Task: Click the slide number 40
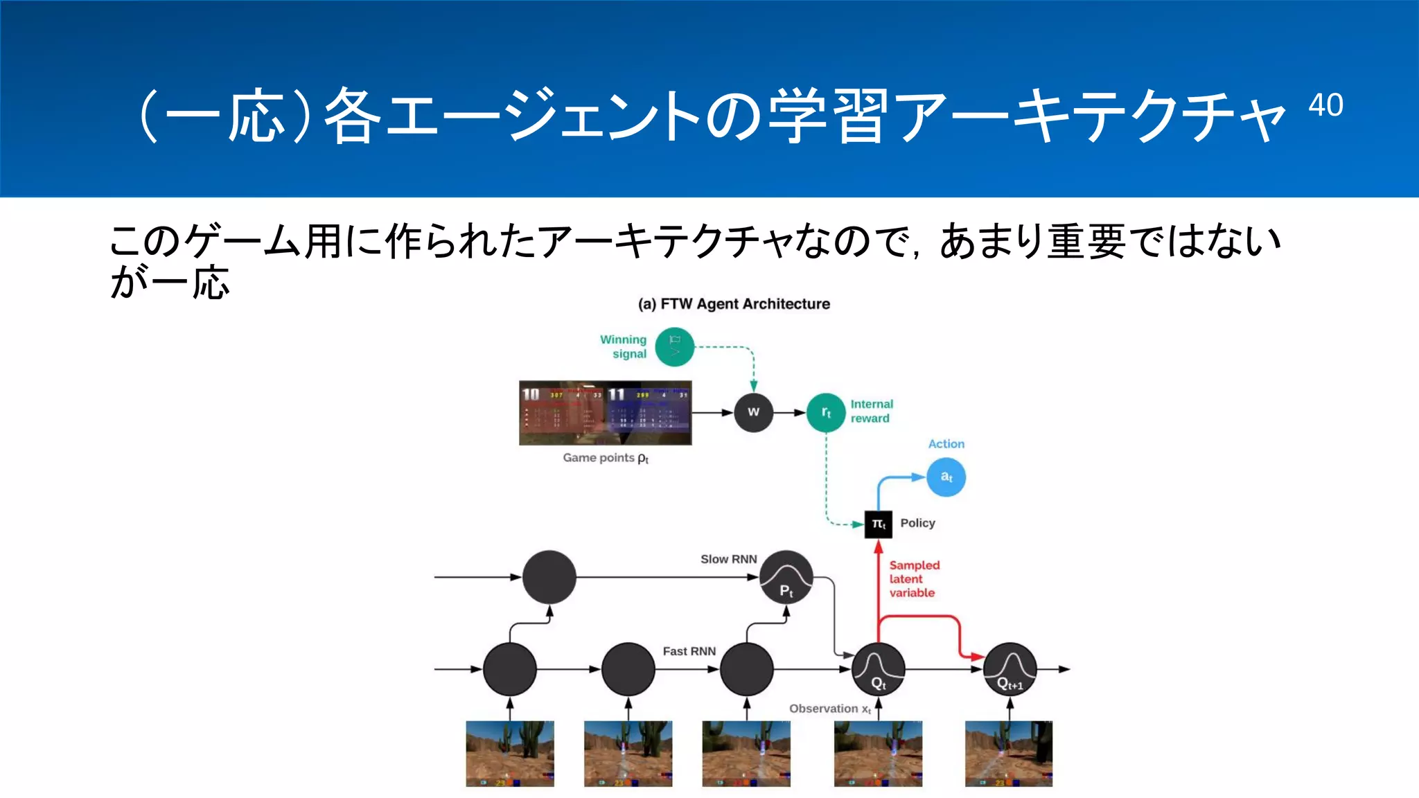pyautogui.click(x=1325, y=105)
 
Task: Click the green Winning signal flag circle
pyautogui.click(x=674, y=347)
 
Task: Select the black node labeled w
pyautogui.click(x=753, y=412)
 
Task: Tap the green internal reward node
pyautogui.click(x=826, y=412)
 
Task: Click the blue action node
pyautogui.click(x=946, y=477)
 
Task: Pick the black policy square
pyautogui.click(x=878, y=524)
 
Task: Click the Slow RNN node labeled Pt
pyautogui.click(x=786, y=577)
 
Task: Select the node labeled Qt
pyautogui.click(x=878, y=669)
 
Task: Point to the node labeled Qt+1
pyautogui.click(x=1010, y=669)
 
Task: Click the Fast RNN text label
pyautogui.click(x=689, y=651)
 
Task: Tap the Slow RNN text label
pyautogui.click(x=728, y=559)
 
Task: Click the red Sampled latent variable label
pyautogui.click(x=913, y=579)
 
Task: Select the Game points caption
pyautogui.click(x=605, y=458)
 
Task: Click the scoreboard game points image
pyautogui.click(x=605, y=413)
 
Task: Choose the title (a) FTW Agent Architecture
pyautogui.click(x=734, y=304)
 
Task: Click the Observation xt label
pyautogui.click(x=829, y=709)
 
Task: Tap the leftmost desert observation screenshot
pyautogui.click(x=510, y=754)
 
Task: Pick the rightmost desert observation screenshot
pyautogui.click(x=1009, y=754)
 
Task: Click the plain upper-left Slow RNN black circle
pyautogui.click(x=549, y=577)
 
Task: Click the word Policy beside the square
pyautogui.click(x=917, y=523)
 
